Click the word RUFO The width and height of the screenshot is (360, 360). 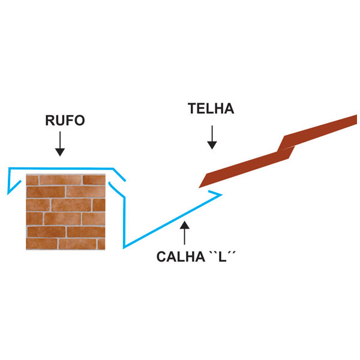(65, 121)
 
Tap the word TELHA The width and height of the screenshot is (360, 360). (211, 109)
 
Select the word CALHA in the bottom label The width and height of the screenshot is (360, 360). (181, 256)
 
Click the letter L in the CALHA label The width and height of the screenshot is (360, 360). (222, 257)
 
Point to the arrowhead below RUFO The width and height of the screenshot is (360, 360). (60, 152)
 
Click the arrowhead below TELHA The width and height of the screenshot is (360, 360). (212, 145)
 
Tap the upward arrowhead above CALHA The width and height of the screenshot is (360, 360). (185, 225)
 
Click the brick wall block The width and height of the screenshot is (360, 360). (65, 212)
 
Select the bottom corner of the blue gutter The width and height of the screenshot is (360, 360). (124, 248)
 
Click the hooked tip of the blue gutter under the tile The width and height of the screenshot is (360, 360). (221, 195)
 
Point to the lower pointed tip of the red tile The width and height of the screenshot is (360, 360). (199, 188)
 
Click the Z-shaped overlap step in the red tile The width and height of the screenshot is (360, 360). (286, 147)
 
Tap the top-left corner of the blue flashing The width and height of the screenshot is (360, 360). (9, 168)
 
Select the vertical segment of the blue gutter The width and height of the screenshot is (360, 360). (124, 223)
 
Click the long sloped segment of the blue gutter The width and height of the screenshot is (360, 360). (173, 221)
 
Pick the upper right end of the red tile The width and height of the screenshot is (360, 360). (356, 119)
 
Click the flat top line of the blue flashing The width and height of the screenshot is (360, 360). (61, 168)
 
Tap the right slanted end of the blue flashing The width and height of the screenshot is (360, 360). (119, 175)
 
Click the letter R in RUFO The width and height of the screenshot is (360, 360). (50, 121)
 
